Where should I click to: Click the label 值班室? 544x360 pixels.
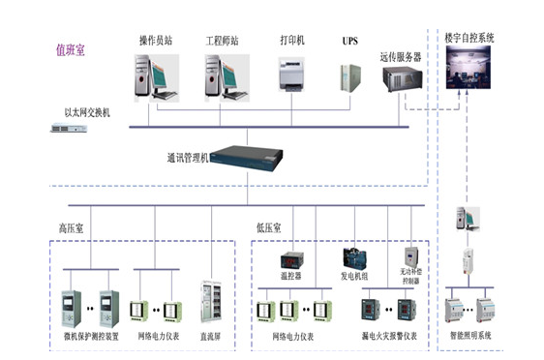(70, 49)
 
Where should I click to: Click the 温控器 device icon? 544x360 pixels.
(292, 260)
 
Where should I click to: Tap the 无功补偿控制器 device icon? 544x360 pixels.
(410, 256)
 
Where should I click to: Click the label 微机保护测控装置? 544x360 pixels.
(90, 339)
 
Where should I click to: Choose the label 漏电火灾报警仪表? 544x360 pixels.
(387, 339)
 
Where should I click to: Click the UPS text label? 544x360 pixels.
(349, 42)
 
